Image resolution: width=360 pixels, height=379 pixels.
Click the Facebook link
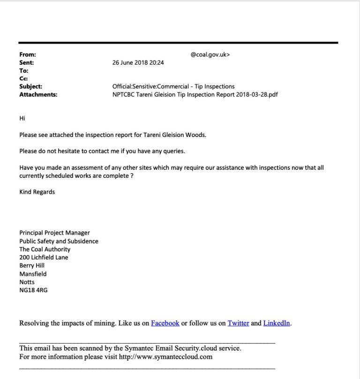tap(165, 323)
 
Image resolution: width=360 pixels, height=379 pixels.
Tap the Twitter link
tap(238, 323)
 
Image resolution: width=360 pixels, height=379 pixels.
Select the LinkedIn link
tap(277, 323)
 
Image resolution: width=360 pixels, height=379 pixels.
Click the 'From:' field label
tap(28, 55)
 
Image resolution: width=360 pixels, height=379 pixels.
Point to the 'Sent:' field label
tap(27, 63)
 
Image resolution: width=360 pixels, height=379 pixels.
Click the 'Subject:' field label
tap(30, 86)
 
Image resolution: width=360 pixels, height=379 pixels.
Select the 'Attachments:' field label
tap(38, 94)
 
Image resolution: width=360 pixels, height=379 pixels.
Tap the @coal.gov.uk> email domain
tap(210, 55)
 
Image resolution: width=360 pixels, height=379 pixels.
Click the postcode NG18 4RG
tap(33, 290)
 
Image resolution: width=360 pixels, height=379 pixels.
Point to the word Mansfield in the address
tap(33, 274)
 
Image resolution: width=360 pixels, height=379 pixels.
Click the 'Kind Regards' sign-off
tap(37, 192)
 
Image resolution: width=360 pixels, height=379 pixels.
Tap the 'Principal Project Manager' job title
tap(54, 233)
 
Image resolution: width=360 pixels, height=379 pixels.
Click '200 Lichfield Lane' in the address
tap(44, 258)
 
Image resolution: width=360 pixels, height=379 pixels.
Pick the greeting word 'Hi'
tap(22, 118)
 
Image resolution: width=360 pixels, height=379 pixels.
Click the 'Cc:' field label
tap(23, 79)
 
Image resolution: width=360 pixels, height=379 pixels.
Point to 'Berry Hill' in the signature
tap(32, 265)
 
